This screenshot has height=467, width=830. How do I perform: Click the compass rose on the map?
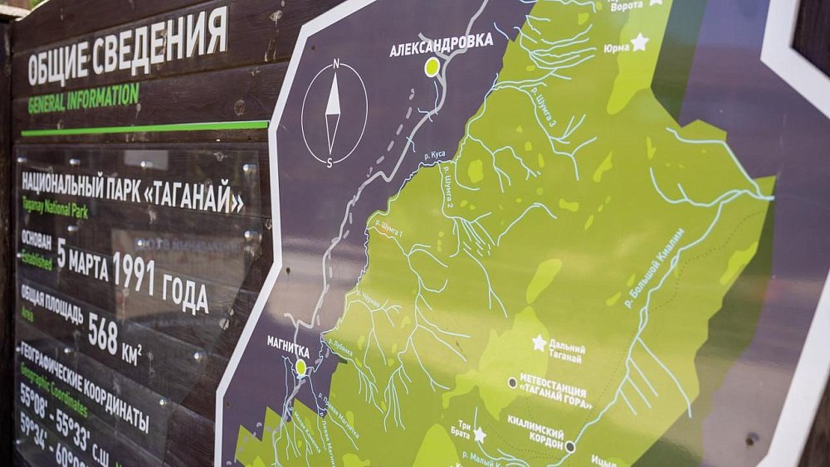click(334, 114)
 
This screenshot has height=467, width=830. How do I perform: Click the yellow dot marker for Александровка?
click(432, 67)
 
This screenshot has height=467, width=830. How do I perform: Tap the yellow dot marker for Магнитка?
click(301, 366)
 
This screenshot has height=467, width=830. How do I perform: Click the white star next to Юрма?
click(639, 41)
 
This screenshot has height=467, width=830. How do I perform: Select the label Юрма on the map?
click(616, 47)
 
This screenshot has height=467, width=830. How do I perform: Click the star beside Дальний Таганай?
click(539, 343)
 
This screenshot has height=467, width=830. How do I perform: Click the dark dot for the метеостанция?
click(512, 382)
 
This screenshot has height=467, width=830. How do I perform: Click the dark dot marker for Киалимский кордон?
click(569, 446)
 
